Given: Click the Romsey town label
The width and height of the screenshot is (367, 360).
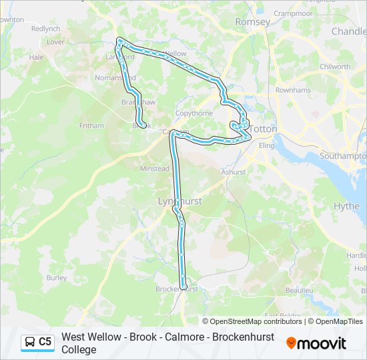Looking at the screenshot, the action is coord(252,22).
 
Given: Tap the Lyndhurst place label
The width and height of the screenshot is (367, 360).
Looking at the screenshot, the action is coord(179,200).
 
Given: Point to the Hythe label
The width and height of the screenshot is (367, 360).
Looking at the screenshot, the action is coord(346,206).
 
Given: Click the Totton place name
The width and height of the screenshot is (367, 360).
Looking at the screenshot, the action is coord(264,129).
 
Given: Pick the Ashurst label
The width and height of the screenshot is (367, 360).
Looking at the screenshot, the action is coord(234,171).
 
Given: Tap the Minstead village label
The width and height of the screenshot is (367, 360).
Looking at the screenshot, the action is coord(154,169).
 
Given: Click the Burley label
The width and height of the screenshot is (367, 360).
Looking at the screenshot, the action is coord(57,277).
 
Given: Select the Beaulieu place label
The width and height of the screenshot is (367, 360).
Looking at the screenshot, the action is coord(299,291).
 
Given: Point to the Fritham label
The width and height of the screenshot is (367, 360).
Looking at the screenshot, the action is coord(91,125).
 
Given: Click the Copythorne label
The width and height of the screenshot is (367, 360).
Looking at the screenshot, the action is coord(194,114).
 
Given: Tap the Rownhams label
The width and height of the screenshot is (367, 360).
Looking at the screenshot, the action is coord(293,90).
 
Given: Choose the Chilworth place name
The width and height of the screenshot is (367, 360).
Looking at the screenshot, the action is coord(335,67).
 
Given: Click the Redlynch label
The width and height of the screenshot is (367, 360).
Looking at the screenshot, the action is coord(45,29).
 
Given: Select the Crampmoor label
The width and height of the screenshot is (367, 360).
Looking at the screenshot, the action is coord(293,13).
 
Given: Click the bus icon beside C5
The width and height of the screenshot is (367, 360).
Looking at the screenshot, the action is coord(30,342).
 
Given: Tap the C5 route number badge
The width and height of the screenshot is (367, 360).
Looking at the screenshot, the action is coord(45,342).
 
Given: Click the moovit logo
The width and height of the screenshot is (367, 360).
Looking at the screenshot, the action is coord(316,343).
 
